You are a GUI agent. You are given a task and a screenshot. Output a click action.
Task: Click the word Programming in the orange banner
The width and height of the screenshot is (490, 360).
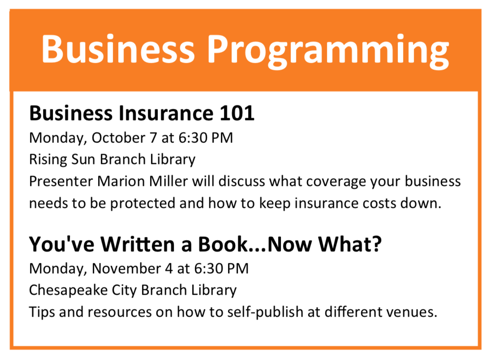tap(328, 51)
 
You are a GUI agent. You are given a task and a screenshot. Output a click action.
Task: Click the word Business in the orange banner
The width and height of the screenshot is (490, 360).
tap(118, 49)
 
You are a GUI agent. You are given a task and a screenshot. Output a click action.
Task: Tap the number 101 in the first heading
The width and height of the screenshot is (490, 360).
tap(237, 113)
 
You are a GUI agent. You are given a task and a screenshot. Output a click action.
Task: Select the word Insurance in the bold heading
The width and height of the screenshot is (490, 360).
tap(166, 113)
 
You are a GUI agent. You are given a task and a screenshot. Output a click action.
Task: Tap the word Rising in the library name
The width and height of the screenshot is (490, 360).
tap(48, 160)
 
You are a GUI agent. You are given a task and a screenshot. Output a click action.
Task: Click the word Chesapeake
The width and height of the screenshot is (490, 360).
tap(68, 291)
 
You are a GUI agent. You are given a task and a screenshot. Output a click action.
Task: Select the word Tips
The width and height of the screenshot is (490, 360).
tap(42, 313)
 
